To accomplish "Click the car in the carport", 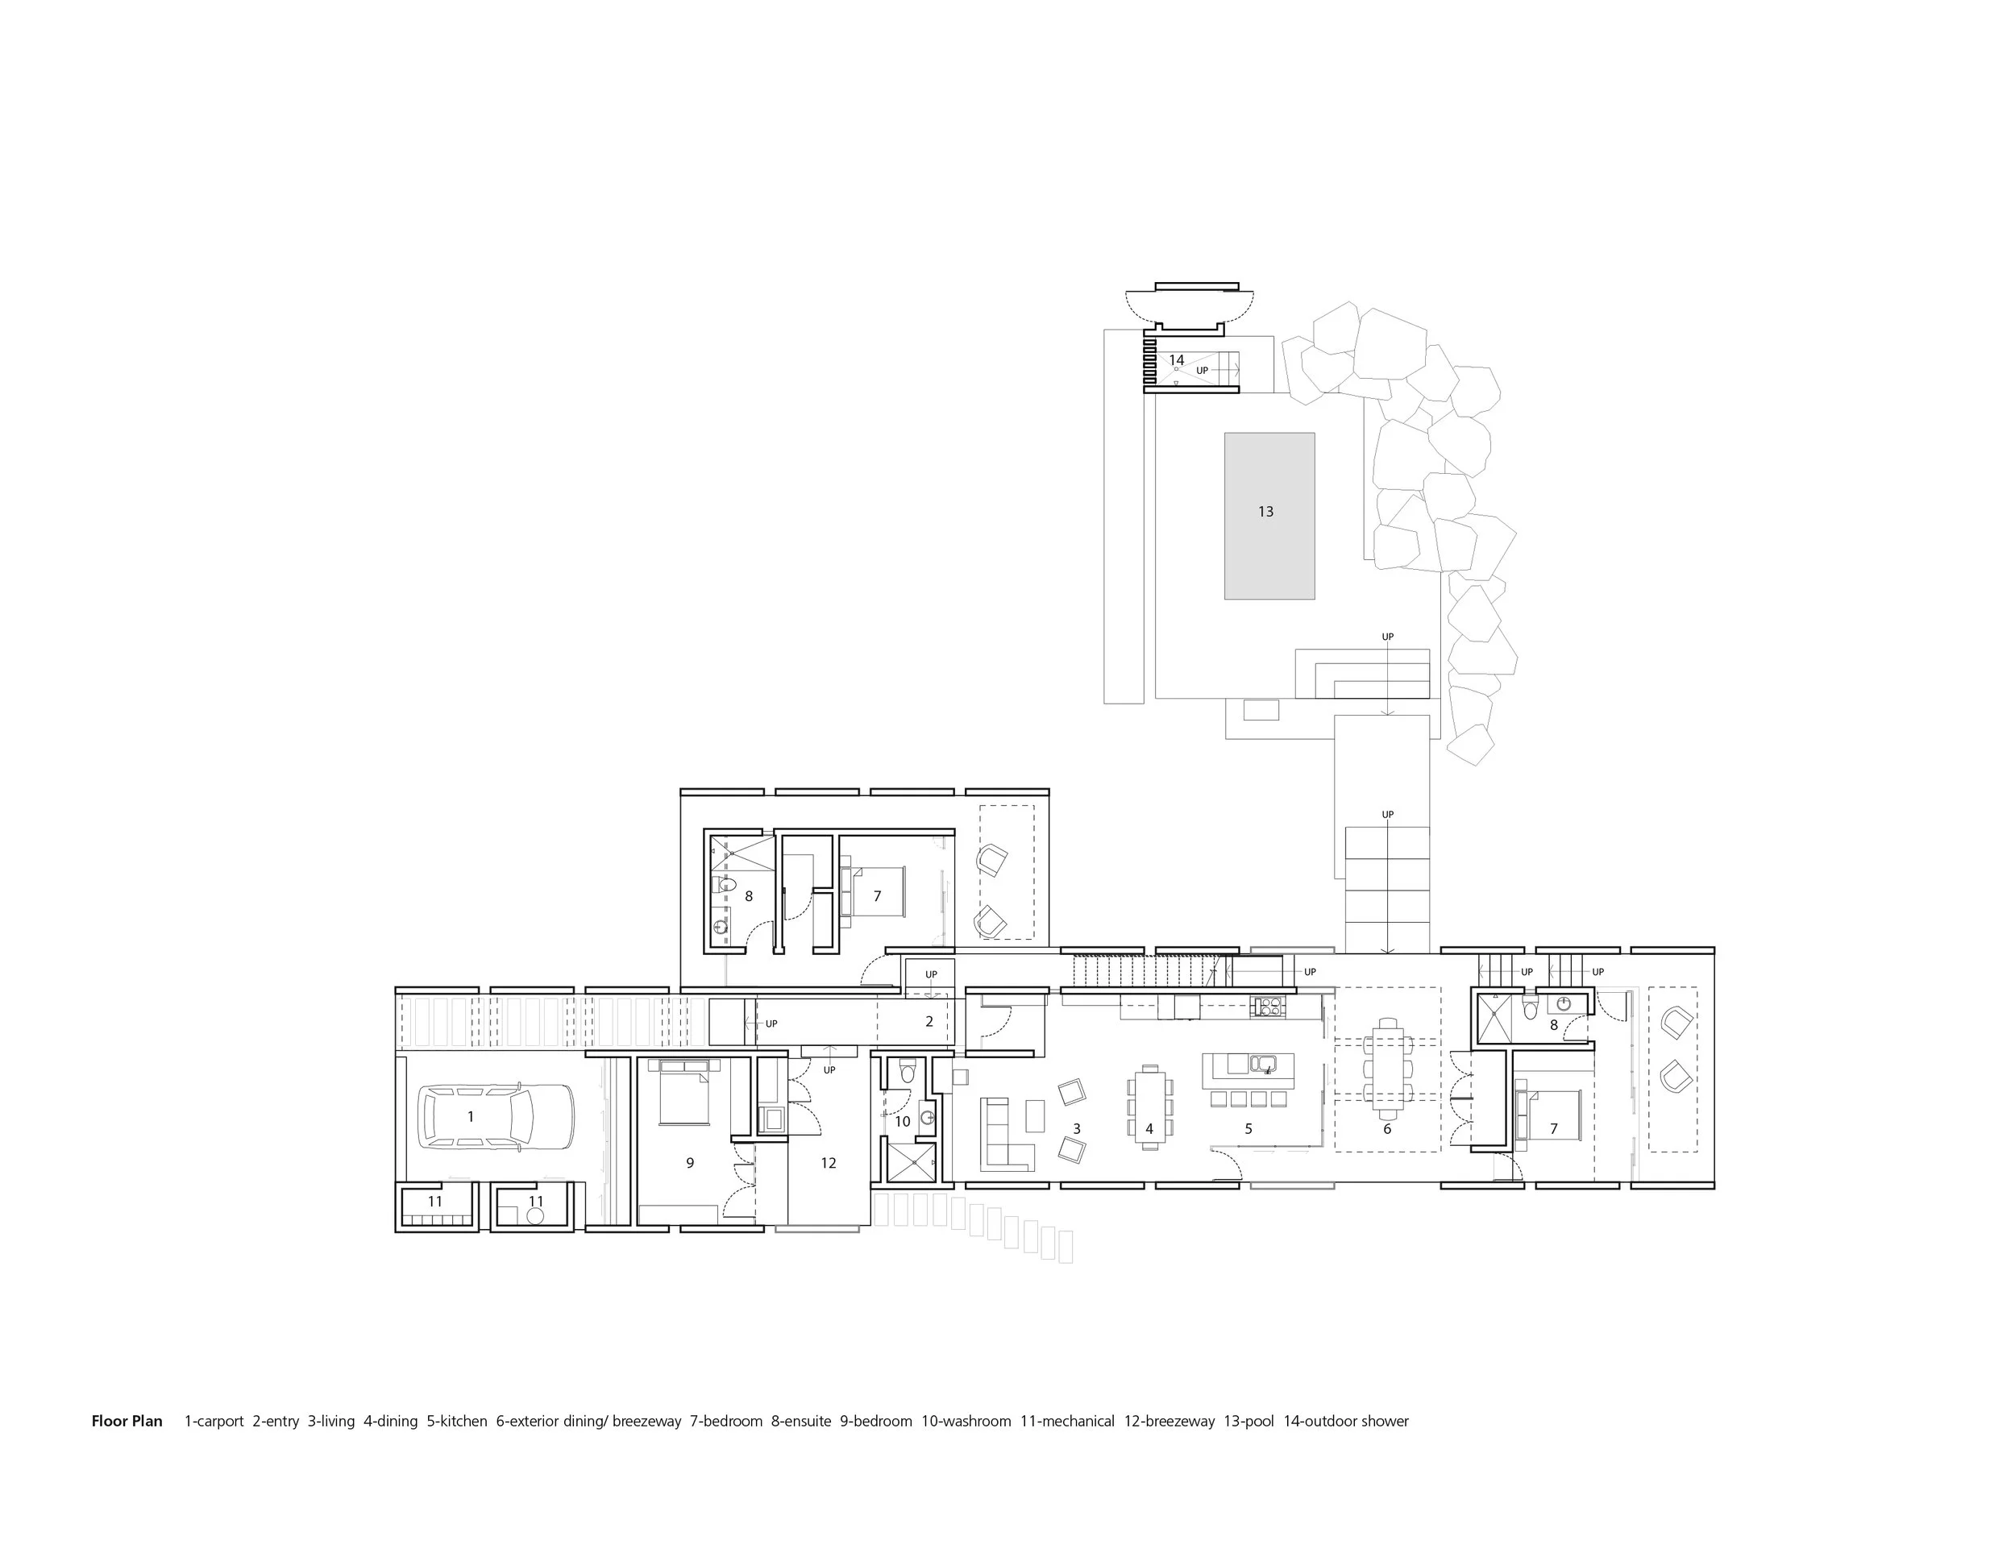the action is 496,1116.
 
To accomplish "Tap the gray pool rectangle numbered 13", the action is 1269,516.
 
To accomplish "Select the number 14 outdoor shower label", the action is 1176,359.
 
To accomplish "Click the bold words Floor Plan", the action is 127,1422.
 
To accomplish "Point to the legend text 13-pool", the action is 1249,1422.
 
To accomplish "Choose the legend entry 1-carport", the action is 214,1422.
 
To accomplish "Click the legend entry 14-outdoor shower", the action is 1346,1422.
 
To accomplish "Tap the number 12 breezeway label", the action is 829,1163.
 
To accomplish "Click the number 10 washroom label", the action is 903,1122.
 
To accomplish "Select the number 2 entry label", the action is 929,1021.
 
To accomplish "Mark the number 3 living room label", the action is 1077,1129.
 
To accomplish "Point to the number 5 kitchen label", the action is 1248,1129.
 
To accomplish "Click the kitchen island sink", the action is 1262,1064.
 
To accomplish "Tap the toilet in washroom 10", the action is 906,1071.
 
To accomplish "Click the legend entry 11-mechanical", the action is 1067,1422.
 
